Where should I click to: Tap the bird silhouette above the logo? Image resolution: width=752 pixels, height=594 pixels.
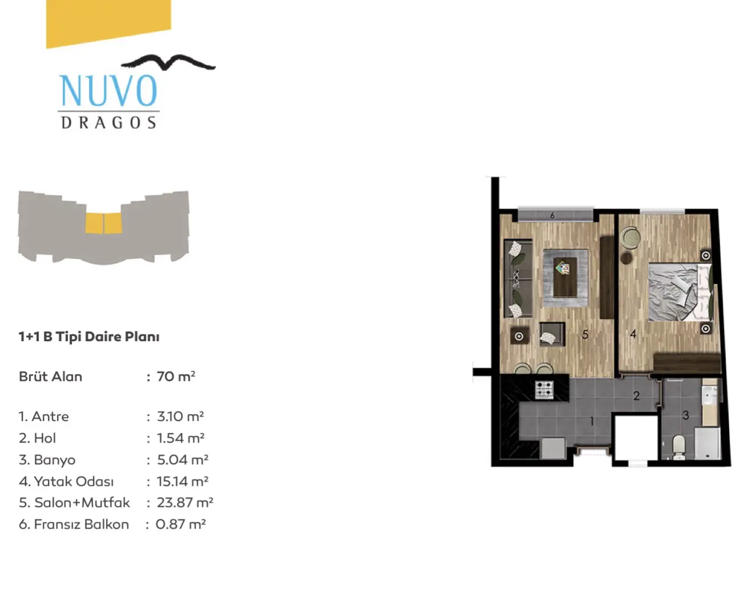tap(168, 63)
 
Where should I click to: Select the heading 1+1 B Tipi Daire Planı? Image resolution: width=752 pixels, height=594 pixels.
tap(89, 337)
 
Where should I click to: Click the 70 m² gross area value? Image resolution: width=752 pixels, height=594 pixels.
tap(176, 376)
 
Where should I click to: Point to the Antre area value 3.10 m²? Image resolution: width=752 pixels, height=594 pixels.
tap(181, 416)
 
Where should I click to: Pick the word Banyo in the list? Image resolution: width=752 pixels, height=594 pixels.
tap(55, 460)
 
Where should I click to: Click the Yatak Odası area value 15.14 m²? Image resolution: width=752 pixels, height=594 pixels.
tap(182, 481)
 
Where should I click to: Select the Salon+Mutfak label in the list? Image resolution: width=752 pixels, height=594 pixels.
tap(82, 503)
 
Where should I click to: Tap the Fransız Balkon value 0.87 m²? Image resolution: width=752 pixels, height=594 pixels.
tap(181, 525)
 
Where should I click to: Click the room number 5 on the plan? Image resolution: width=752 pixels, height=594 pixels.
tap(585, 335)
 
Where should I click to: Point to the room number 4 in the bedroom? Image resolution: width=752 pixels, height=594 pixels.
tap(633, 334)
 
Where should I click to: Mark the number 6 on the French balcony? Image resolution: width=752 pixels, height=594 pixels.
tap(553, 216)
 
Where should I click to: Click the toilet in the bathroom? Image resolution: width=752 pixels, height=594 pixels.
tap(679, 447)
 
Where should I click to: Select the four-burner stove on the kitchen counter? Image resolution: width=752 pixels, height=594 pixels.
tap(545, 390)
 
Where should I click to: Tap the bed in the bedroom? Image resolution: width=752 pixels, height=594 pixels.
tap(680, 292)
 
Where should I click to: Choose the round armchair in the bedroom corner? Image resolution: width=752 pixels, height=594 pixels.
tap(631, 237)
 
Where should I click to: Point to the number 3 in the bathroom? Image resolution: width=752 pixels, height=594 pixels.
tap(685, 415)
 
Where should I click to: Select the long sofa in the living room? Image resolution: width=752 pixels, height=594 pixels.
tap(518, 278)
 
